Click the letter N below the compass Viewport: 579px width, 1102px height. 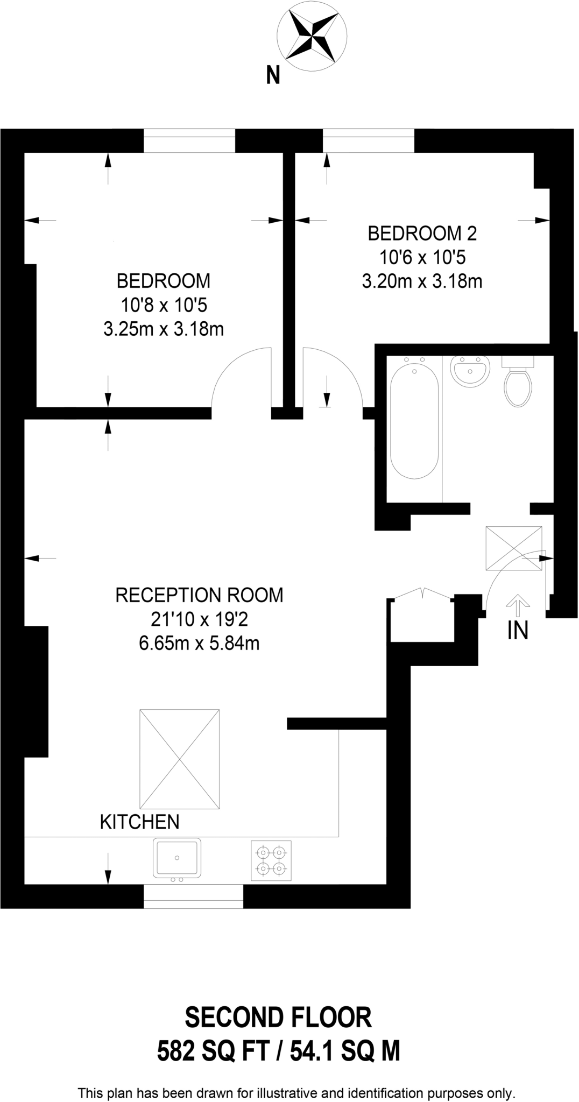pos(273,75)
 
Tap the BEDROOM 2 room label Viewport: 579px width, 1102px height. pos(422,234)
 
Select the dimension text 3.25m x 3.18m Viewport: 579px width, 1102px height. pos(164,329)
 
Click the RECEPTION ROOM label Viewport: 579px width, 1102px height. pos(199,595)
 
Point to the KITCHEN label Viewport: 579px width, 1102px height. pos(139,822)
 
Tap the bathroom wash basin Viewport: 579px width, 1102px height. pos(471,371)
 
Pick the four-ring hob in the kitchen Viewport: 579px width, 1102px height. pos(271,860)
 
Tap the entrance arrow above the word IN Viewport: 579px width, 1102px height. pos(518,605)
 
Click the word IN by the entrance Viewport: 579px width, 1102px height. pos(518,631)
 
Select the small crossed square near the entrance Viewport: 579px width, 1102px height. pos(514,548)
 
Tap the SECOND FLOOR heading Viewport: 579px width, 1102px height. pos(278,1018)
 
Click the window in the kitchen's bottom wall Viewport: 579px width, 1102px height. pos(193,896)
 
